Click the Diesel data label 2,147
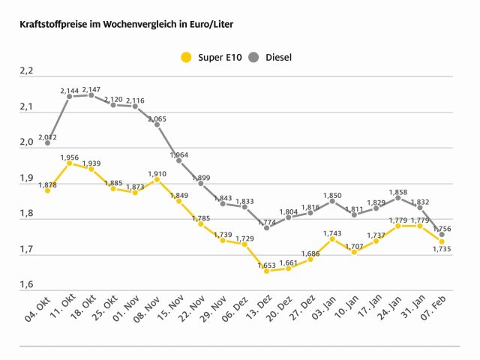click(91, 88)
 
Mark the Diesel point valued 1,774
click(266, 227)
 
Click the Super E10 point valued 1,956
click(70, 163)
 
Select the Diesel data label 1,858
click(397, 192)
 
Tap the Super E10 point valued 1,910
click(157, 179)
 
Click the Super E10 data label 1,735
click(441, 250)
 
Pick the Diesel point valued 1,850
click(332, 201)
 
